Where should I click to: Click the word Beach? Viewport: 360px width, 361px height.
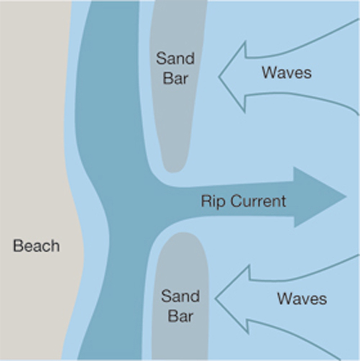coord(36,246)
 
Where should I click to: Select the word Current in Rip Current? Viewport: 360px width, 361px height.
coord(258,201)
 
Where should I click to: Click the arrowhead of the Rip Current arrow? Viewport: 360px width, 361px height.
coord(320,197)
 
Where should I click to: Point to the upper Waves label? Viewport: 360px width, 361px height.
coord(287,73)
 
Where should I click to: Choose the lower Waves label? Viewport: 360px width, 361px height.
coord(302,298)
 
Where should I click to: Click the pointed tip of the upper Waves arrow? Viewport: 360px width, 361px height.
coord(219,77)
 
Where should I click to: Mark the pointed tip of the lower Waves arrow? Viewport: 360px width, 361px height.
coord(215,298)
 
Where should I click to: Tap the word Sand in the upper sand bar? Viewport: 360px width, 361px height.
coord(175,58)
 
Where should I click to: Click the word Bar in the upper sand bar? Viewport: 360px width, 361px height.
coord(175,78)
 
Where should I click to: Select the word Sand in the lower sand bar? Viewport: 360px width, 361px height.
coord(180,296)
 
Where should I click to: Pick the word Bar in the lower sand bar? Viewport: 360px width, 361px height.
coord(180,316)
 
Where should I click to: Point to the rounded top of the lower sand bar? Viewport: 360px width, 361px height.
coord(183,233)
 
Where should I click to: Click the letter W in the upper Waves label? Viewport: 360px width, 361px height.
coord(269,73)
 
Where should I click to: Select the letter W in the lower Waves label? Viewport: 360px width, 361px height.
coord(284,298)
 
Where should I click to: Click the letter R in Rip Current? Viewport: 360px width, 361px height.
coord(206,201)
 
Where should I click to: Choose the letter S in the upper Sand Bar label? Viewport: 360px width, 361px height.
coord(161,58)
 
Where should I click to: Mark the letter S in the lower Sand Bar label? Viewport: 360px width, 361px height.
coord(166,296)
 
